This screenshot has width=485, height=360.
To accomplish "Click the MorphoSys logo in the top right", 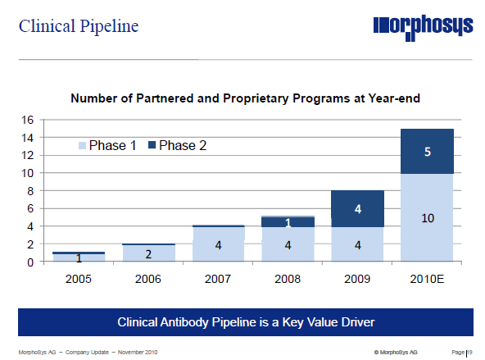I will tap(422, 27).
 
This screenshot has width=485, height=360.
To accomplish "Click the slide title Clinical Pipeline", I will tap(79, 26).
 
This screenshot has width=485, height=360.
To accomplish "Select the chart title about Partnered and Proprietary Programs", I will tap(245, 99).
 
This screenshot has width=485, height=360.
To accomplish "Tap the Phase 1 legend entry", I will tap(107, 145).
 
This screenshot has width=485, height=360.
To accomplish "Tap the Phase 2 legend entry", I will tap(178, 145).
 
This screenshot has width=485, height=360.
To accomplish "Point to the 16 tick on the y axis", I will tap(27, 120).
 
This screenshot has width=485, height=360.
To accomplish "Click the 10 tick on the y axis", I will tap(27, 173).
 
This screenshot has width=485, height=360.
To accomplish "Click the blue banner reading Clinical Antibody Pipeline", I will tap(246, 321).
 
